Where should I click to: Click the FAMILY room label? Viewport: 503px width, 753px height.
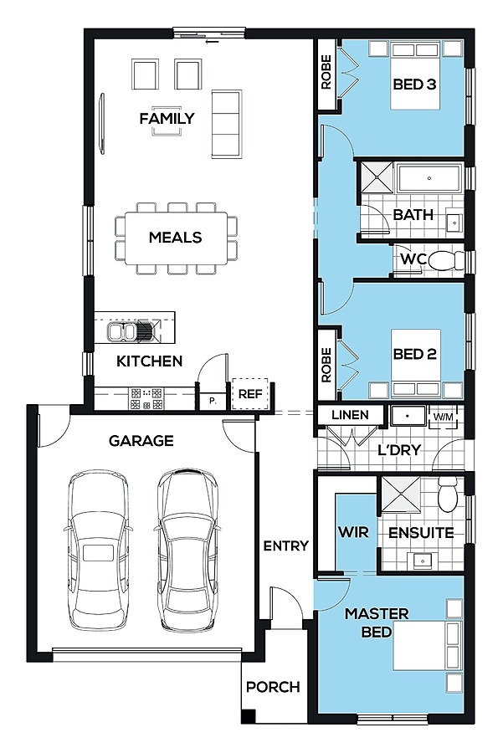pyautogui.click(x=167, y=118)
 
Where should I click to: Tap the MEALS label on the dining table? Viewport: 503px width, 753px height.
pyautogui.click(x=176, y=238)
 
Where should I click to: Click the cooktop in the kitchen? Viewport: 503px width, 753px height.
pyautogui.click(x=146, y=399)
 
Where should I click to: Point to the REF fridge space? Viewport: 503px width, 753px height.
pyautogui.click(x=251, y=394)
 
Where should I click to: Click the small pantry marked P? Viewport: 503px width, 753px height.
pyautogui.click(x=213, y=400)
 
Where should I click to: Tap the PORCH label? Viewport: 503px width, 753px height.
pyautogui.click(x=273, y=687)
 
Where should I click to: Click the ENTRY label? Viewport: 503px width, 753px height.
pyautogui.click(x=286, y=546)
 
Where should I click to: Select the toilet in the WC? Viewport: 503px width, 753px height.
pyautogui.click(x=446, y=261)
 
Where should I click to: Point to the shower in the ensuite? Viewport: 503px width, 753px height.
pyautogui.click(x=400, y=494)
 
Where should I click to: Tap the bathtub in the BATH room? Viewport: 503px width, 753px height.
pyautogui.click(x=429, y=178)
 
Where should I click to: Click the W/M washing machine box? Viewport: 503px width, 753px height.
pyautogui.click(x=443, y=417)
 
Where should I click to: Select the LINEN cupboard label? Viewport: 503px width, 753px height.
pyautogui.click(x=350, y=415)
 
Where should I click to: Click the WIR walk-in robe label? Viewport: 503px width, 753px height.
pyautogui.click(x=353, y=532)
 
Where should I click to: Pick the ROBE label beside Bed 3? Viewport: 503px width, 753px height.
pyautogui.click(x=326, y=72)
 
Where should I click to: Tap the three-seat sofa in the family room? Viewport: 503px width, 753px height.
pyautogui.click(x=226, y=124)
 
